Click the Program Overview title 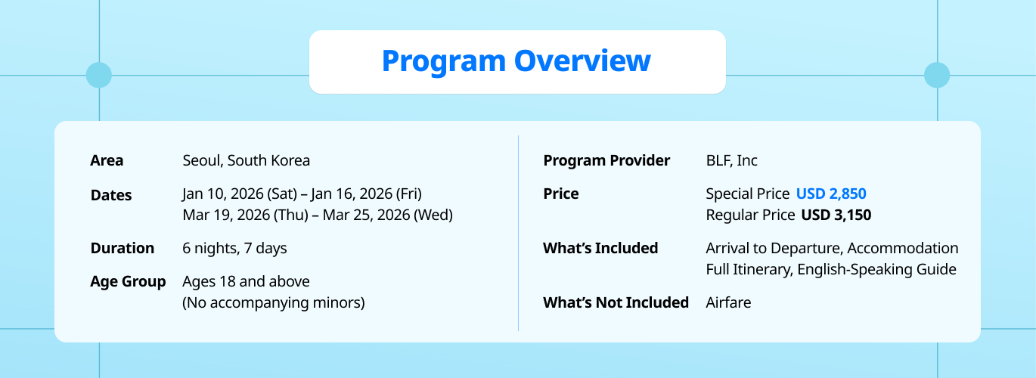coord(516,61)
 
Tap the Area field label coord(107,160)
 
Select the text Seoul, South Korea coord(246,160)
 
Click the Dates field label coord(111,195)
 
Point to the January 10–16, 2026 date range coord(302,194)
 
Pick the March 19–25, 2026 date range coord(318,215)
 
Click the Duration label coord(122,248)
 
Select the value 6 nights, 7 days coord(234,249)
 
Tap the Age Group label coord(128,281)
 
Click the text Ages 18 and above coord(246,281)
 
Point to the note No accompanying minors coord(273,302)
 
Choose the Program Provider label coord(606,160)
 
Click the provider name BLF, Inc coord(732,160)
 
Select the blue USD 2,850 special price coord(831,194)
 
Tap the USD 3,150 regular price coord(836,215)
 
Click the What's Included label coord(600,248)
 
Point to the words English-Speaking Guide coord(876,269)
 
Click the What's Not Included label coord(616,302)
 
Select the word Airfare coord(728,302)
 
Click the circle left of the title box coord(99,76)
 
